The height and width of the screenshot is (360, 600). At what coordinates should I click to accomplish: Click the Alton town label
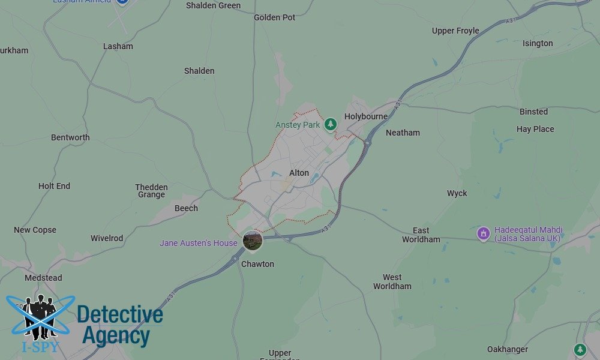299,173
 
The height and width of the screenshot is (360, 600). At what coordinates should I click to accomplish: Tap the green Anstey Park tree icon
330,124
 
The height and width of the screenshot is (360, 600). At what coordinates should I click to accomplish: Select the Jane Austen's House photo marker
253,241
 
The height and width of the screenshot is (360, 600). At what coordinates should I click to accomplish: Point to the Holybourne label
366,116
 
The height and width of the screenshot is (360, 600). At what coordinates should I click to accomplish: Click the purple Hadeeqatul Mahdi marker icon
484,233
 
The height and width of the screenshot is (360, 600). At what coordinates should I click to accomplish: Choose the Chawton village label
257,264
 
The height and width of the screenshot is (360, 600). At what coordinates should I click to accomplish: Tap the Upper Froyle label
455,31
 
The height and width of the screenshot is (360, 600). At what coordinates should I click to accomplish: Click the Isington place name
538,43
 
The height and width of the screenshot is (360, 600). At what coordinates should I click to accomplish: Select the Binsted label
533,112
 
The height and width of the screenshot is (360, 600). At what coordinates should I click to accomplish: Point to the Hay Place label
535,129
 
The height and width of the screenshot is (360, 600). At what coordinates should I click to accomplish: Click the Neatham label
403,133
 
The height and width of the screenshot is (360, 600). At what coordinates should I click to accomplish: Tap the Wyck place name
457,193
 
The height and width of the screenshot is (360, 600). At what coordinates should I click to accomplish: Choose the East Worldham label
421,235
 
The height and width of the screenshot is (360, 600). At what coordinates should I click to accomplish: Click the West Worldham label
392,281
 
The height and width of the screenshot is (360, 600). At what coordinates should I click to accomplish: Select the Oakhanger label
508,349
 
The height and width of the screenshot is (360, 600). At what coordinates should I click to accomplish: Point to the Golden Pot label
275,17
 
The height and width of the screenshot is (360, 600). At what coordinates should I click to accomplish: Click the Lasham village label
118,46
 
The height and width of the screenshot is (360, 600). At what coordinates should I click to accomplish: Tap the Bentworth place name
70,137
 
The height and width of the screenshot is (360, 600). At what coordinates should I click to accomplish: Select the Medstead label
43,278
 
